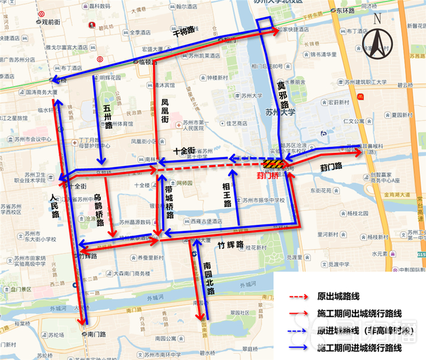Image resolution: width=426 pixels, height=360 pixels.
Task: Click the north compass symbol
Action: click(x=377, y=39)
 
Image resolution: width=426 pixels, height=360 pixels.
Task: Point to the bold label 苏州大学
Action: click(x=279, y=113)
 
